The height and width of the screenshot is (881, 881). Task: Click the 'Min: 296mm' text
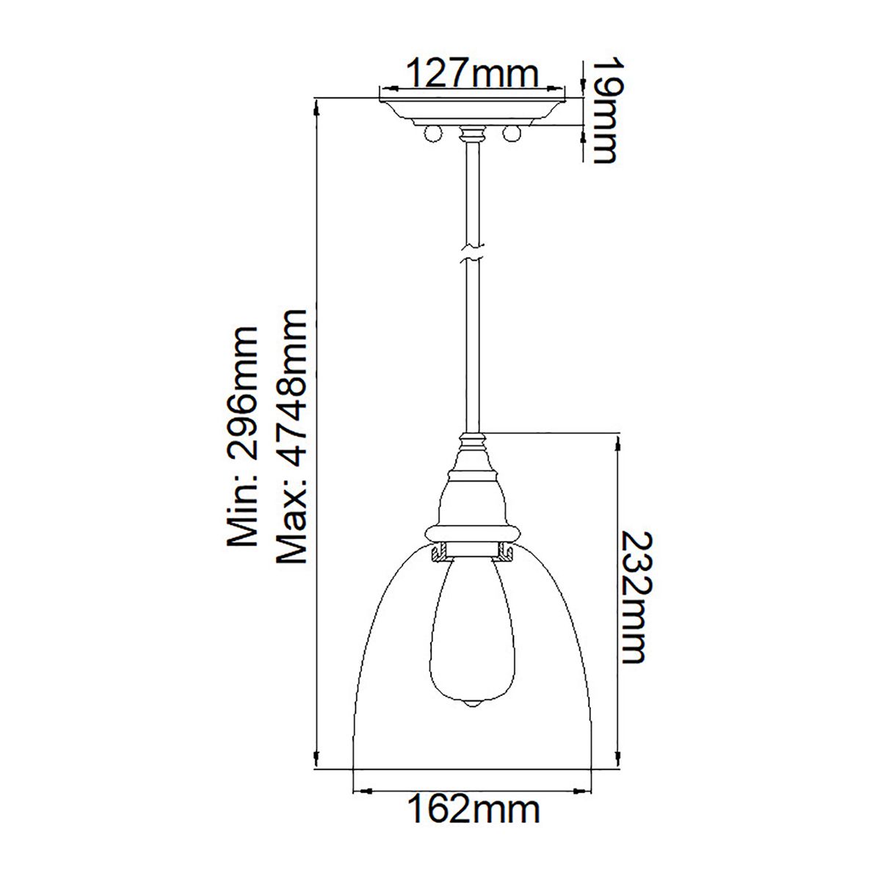(x=242, y=438)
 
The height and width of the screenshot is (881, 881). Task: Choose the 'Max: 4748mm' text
(x=290, y=436)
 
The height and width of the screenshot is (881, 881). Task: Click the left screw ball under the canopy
(x=433, y=134)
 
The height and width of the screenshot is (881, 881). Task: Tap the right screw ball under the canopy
(x=512, y=134)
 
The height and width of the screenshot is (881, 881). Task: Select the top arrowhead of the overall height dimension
(x=316, y=106)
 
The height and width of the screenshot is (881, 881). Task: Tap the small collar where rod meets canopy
(x=472, y=134)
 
